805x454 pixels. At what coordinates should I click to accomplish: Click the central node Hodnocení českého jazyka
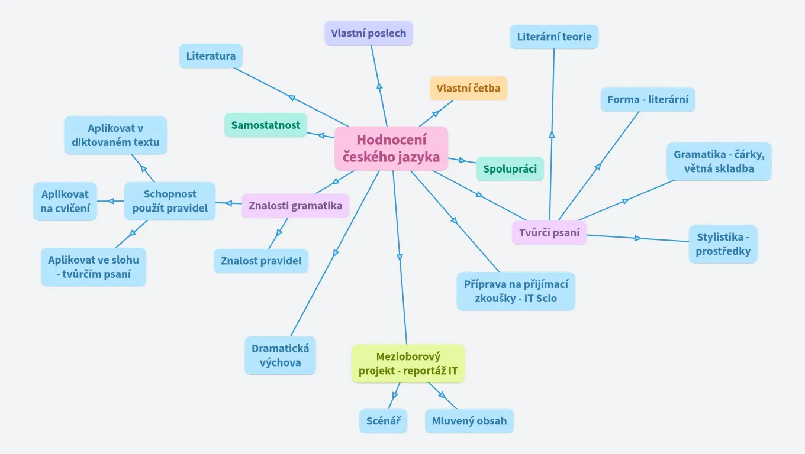pyautogui.click(x=391, y=148)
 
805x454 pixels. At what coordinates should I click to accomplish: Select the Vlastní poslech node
pyautogui.click(x=368, y=33)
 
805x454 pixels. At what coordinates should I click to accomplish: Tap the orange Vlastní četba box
pyautogui.click(x=468, y=88)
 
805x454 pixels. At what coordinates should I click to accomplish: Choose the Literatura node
pyautogui.click(x=211, y=56)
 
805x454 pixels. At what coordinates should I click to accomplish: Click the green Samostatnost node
pyautogui.click(x=265, y=125)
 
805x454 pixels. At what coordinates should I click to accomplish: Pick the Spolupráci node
pyautogui.click(x=510, y=169)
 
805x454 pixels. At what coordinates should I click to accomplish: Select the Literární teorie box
pyautogui.click(x=554, y=37)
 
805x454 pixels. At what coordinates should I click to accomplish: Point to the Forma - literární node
pyautogui.click(x=648, y=99)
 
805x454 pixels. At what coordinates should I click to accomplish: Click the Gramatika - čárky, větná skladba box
pyautogui.click(x=719, y=161)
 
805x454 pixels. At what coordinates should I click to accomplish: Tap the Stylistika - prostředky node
pyautogui.click(x=723, y=244)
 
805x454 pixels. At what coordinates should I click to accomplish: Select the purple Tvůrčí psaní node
pyautogui.click(x=549, y=232)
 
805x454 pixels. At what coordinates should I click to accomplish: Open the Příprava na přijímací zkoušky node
pyautogui.click(x=516, y=291)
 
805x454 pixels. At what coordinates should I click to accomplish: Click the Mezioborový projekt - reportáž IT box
pyautogui.click(x=408, y=364)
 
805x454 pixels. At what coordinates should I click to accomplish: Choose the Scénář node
pyautogui.click(x=383, y=421)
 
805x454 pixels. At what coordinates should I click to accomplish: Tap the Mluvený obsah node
pyautogui.click(x=469, y=421)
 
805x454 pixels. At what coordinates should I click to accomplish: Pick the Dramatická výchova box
pyautogui.click(x=280, y=355)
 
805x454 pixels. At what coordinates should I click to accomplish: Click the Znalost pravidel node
pyautogui.click(x=261, y=261)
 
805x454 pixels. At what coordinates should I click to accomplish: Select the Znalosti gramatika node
pyautogui.click(x=295, y=206)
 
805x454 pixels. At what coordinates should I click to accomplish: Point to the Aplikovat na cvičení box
pyautogui.click(x=65, y=201)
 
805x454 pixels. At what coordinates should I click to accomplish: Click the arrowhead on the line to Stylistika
pyautogui.click(x=637, y=238)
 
